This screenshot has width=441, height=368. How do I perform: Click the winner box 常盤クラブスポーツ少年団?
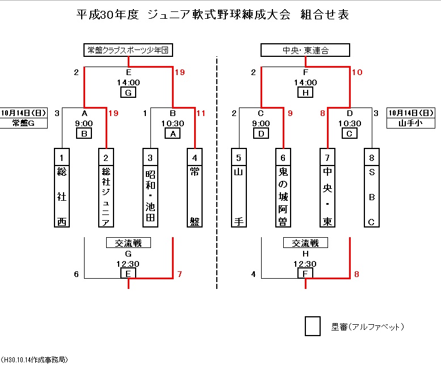point(128,51)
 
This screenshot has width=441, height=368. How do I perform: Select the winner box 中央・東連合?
point(305,51)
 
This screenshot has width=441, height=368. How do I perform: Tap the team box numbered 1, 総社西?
point(62,188)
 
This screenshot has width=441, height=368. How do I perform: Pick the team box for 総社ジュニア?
point(106,188)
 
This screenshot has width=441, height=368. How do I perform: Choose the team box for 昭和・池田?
point(150,188)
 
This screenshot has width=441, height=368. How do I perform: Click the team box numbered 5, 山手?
point(239,188)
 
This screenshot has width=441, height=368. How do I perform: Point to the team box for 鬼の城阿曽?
point(283,188)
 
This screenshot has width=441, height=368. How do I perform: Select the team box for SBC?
point(372,188)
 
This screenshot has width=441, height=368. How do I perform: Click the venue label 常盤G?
point(23,122)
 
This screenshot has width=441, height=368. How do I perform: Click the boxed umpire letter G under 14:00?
point(128,93)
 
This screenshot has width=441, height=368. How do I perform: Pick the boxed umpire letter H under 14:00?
point(305,93)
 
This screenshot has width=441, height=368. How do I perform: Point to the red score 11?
point(200,114)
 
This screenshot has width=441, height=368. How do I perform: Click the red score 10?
point(357,72)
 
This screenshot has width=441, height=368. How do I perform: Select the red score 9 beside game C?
point(290,114)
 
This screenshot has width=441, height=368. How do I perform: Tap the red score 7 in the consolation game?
point(179,275)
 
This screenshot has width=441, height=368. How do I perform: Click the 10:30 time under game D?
point(350,123)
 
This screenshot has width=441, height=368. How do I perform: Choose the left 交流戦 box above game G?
point(128,243)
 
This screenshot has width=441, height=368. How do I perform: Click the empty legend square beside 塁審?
point(312,326)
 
